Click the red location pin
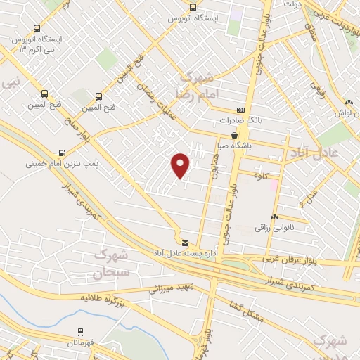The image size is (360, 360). point(181,165)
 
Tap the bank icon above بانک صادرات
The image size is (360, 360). point(241,110)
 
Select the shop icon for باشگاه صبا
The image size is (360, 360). point(235,135)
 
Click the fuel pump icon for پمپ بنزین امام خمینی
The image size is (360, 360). point(63,153)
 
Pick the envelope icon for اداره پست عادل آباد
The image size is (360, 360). point(185,243)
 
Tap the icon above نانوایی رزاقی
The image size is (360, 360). point(274,217)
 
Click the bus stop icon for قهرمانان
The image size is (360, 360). point(81,330)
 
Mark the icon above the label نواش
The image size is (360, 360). point(349,101)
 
